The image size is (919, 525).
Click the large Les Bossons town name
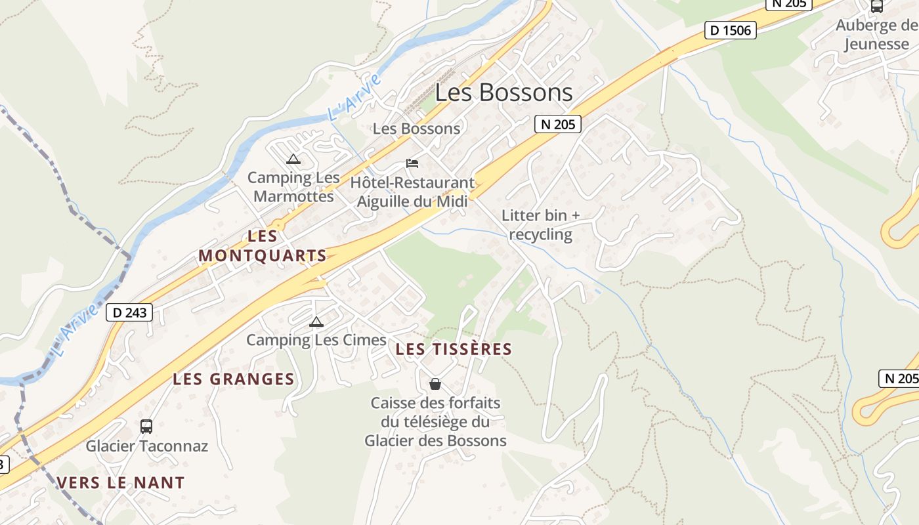503,93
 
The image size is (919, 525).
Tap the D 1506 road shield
731,30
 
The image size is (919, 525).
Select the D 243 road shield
129,312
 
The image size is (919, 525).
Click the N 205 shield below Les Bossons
557,123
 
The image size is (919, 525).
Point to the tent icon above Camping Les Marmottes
293,159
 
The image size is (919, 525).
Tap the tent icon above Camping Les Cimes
316,322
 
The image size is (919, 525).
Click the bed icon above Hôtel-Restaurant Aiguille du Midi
412,163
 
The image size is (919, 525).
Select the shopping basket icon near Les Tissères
435,383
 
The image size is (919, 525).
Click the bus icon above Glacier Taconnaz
146,427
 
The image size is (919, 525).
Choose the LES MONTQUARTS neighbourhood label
263,246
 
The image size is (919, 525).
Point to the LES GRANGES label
234,379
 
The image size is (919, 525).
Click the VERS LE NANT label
121,483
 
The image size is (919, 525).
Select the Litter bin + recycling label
541,224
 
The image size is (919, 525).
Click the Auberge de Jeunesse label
876,35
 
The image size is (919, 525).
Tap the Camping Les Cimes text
316,340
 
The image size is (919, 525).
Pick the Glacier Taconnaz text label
147,446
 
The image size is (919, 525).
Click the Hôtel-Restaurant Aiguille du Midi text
412,192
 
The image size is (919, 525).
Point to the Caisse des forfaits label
435,421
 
